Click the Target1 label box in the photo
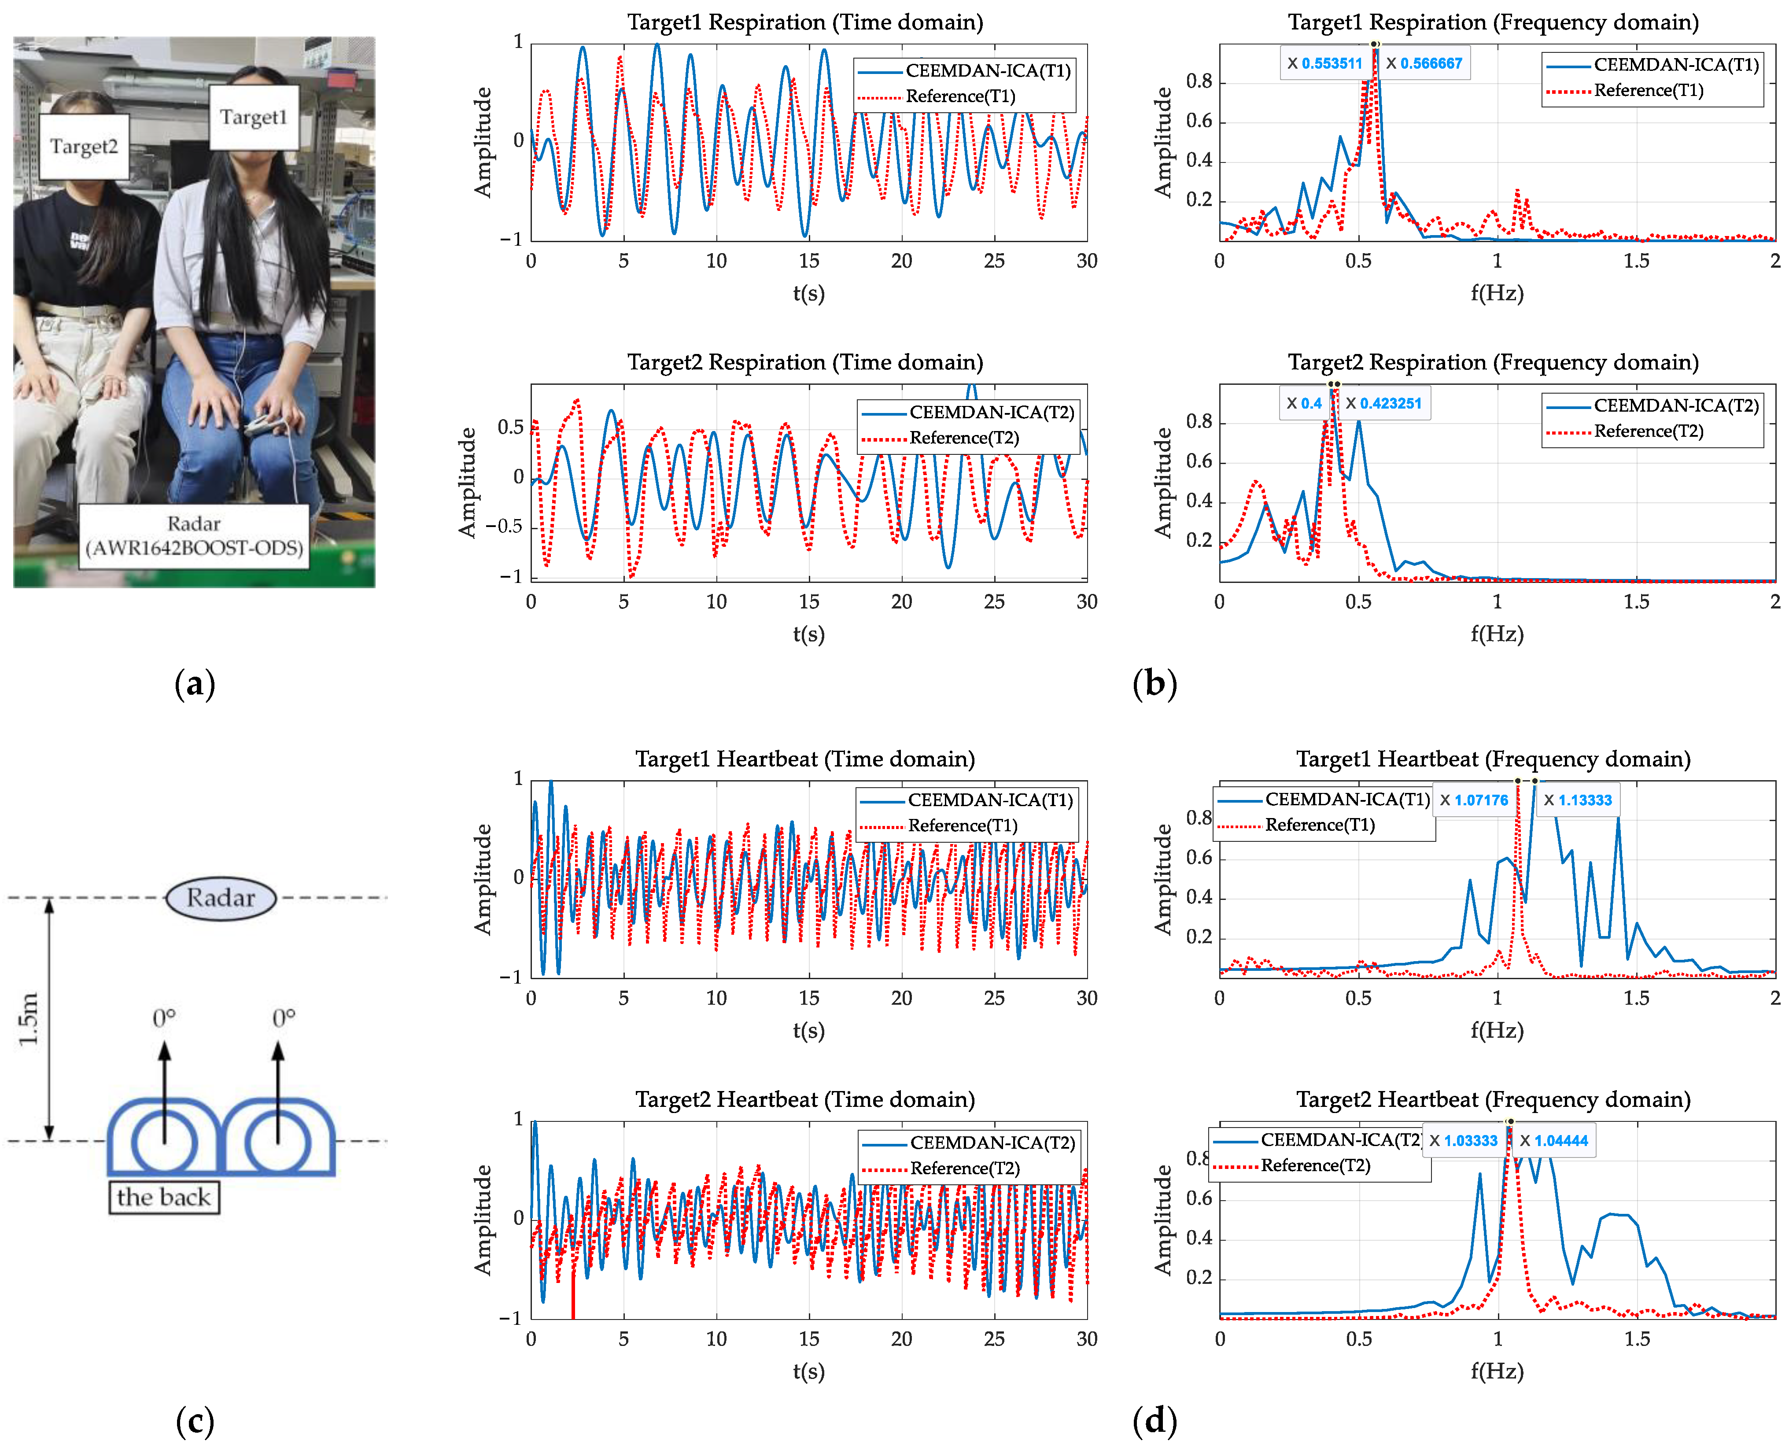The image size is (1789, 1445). pos(253,118)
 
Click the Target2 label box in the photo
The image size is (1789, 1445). pos(84,147)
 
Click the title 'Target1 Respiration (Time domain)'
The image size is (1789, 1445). pos(805,22)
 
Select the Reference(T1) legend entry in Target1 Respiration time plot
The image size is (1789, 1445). pos(960,96)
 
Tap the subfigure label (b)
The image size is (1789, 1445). pos(1155,684)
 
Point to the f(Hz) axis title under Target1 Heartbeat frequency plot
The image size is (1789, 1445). pos(1497,1031)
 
